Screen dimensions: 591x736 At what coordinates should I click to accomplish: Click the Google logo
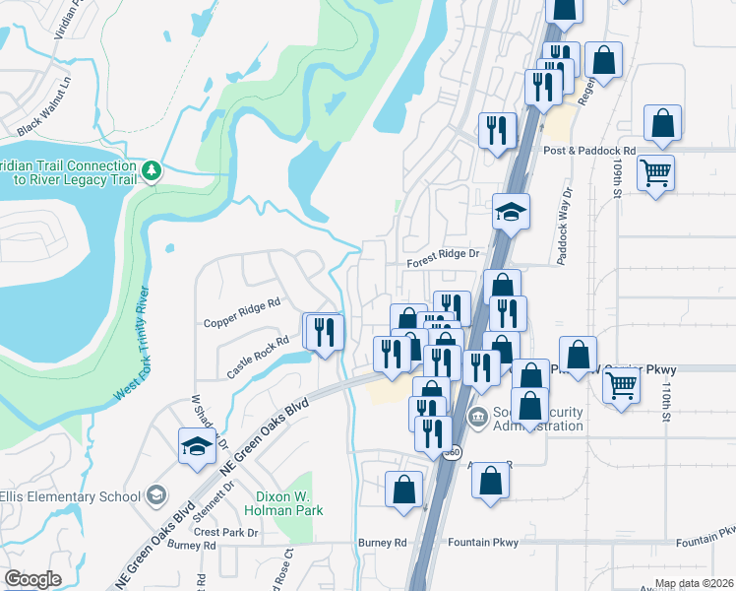click(32, 579)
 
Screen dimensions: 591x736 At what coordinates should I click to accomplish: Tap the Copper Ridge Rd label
click(242, 313)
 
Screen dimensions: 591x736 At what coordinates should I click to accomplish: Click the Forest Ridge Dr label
click(443, 254)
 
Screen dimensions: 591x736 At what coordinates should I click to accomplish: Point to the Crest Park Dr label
click(225, 532)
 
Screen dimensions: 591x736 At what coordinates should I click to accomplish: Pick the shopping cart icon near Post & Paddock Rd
click(655, 174)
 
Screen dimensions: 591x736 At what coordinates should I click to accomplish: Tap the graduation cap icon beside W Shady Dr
click(197, 446)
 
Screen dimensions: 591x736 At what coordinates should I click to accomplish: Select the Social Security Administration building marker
click(479, 416)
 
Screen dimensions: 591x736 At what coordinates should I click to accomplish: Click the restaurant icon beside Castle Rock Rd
click(325, 332)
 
